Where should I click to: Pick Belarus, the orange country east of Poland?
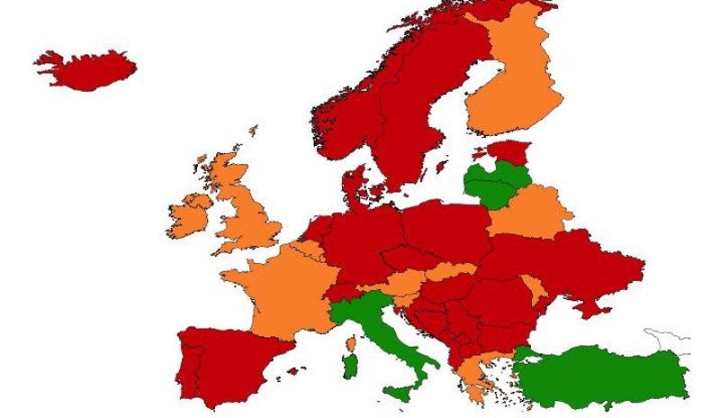[531, 212]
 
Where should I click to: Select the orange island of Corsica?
[352, 343]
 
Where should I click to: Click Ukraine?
[567, 261]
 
